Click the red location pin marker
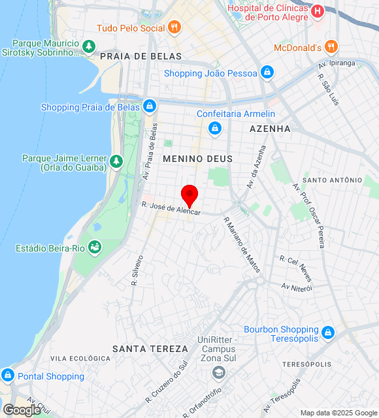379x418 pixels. point(189,195)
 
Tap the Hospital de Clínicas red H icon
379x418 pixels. point(317,11)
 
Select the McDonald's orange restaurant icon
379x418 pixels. point(331,47)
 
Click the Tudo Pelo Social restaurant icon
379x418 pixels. point(173,27)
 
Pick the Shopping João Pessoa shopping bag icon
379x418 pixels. point(267,72)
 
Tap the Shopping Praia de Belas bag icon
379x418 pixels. point(150,106)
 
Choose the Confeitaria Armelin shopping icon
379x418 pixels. point(214,128)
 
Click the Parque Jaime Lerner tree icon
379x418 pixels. point(116,161)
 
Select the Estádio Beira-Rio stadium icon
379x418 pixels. point(95,248)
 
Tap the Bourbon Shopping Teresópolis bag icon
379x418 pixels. point(328,332)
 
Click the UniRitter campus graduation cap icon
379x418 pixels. point(218,373)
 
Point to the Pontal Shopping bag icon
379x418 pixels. point(8,376)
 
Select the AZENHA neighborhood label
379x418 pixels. point(270,129)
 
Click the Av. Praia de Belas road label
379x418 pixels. point(150,151)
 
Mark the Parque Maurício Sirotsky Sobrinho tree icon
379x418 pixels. point(89,47)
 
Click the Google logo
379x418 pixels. point(22,410)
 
